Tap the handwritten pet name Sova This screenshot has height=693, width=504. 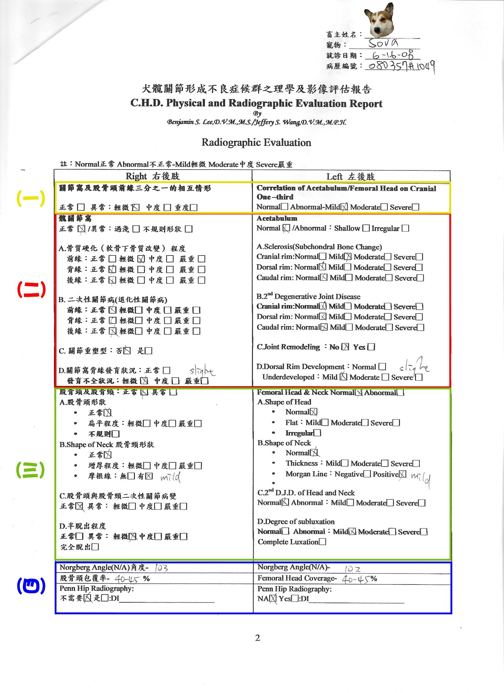(383, 43)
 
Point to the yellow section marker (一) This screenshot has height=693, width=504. (31, 198)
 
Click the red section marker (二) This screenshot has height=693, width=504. (31, 289)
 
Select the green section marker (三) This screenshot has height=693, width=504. (30, 470)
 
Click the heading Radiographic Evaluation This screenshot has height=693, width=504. (256, 142)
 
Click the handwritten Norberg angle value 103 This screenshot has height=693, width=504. (161, 568)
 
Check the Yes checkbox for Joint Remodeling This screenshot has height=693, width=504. (371, 347)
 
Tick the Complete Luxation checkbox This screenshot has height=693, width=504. (323, 542)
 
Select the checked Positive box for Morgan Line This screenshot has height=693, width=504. (403, 474)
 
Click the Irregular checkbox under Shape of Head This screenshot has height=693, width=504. (318, 433)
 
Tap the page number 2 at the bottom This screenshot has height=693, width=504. (257, 638)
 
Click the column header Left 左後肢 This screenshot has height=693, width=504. (350, 176)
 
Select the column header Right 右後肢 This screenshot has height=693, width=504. (153, 176)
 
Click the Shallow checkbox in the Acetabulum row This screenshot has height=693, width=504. (366, 228)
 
